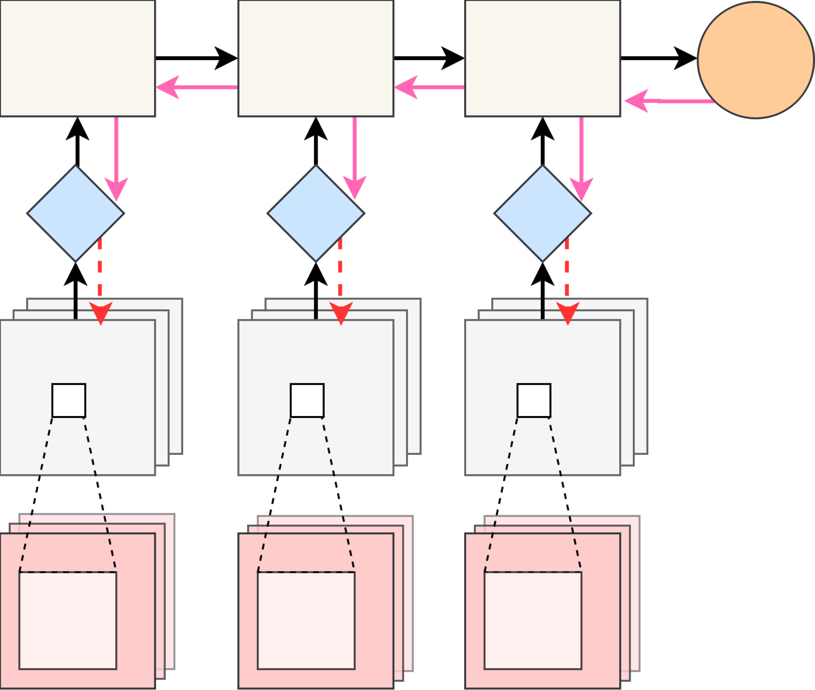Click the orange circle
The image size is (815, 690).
pyautogui.click(x=755, y=60)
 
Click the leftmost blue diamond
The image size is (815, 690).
pyautogui.click(x=76, y=213)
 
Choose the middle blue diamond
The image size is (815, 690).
pyautogui.click(x=316, y=213)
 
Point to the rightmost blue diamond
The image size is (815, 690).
pyautogui.click(x=542, y=213)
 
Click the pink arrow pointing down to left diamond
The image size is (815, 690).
pyautogui.click(x=116, y=153)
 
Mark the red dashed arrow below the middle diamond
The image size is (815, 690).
pyautogui.click(x=341, y=271)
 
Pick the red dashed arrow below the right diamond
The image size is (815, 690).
pyautogui.click(x=567, y=271)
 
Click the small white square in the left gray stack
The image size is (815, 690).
pyautogui.click(x=69, y=400)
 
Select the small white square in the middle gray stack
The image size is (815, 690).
pyautogui.click(x=307, y=400)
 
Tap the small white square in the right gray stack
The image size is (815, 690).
pyautogui.click(x=534, y=400)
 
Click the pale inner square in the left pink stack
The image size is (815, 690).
pyautogui.click(x=68, y=620)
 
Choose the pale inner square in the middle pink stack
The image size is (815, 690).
pyautogui.click(x=306, y=620)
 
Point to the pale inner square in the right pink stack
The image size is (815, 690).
pyautogui.click(x=533, y=620)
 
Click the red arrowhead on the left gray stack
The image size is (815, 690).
pyautogui.click(x=101, y=313)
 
